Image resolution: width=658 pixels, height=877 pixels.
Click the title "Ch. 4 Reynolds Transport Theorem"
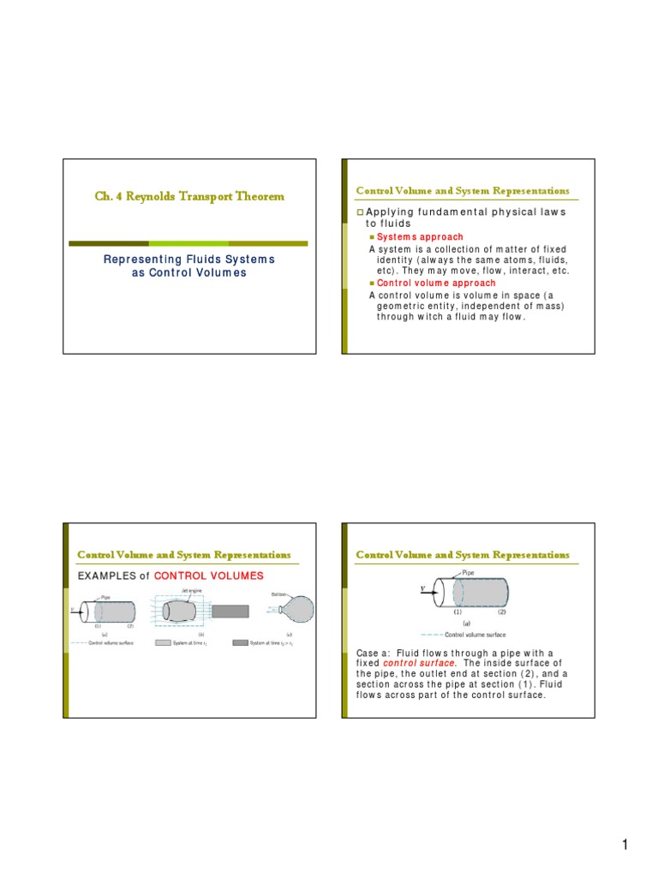[x=188, y=197]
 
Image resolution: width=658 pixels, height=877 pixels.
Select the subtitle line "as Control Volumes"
[x=188, y=272]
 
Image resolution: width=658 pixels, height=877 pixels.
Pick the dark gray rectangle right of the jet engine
[x=230, y=612]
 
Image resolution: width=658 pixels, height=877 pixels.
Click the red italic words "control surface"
[x=416, y=664]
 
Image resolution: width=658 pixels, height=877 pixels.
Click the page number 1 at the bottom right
[x=625, y=846]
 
